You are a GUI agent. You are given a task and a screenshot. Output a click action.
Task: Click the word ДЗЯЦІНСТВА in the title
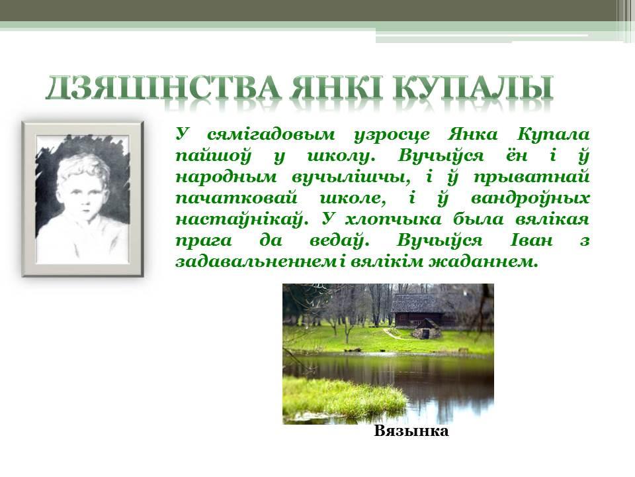click(163, 87)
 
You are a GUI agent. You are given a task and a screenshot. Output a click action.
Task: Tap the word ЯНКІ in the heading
click(336, 87)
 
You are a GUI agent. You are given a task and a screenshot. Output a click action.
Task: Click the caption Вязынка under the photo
click(411, 431)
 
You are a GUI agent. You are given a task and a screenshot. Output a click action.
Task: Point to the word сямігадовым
click(271, 134)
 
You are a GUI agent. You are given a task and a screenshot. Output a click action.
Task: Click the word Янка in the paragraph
click(472, 134)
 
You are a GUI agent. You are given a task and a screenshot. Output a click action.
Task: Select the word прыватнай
click(531, 178)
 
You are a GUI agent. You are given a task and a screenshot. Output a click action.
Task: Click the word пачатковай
click(236, 199)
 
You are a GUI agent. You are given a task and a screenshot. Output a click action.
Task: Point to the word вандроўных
click(530, 199)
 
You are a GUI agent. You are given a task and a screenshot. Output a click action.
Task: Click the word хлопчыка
click(393, 220)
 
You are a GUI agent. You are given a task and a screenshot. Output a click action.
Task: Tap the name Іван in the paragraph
click(531, 240)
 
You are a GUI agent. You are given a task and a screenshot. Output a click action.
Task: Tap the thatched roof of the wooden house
click(416, 303)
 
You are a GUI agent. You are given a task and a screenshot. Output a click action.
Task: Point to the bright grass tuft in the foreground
click(344, 397)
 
